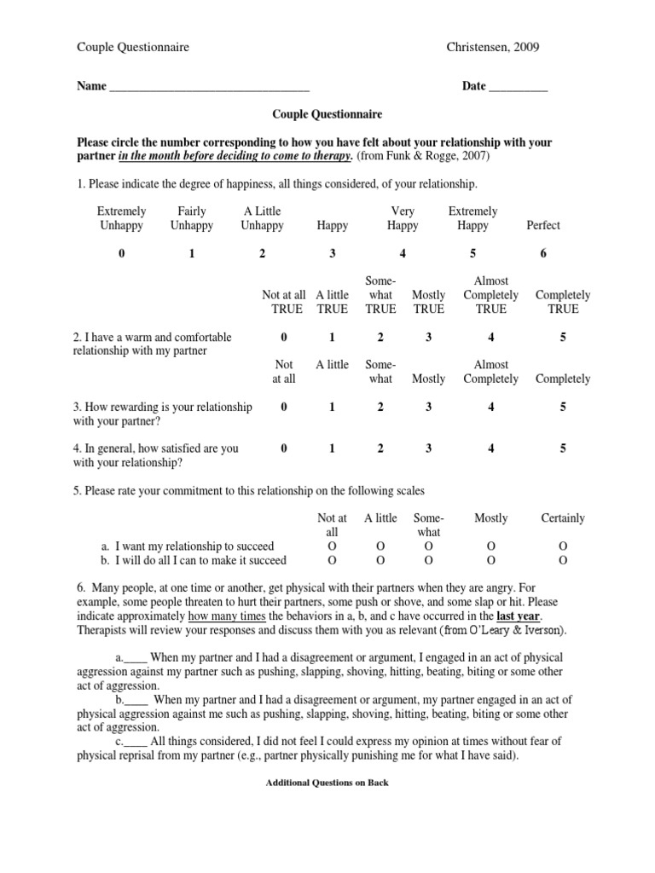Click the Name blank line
coord(209,88)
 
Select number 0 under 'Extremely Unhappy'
coord(121,253)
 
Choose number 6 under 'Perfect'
coord(543,253)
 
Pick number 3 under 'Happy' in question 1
coord(333,253)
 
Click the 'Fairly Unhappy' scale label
coord(192,218)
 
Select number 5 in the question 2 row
coord(563,337)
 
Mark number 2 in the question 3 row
coord(380,408)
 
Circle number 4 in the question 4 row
coord(491,448)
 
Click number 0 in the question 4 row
coord(284,448)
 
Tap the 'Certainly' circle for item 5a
coord(563,546)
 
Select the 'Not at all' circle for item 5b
coord(332,560)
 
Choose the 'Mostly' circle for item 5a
coord(490,546)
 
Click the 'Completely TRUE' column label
coord(563,302)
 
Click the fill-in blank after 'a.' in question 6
coord(136,659)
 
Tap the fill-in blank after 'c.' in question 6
coord(136,742)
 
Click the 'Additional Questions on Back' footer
coord(327,783)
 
